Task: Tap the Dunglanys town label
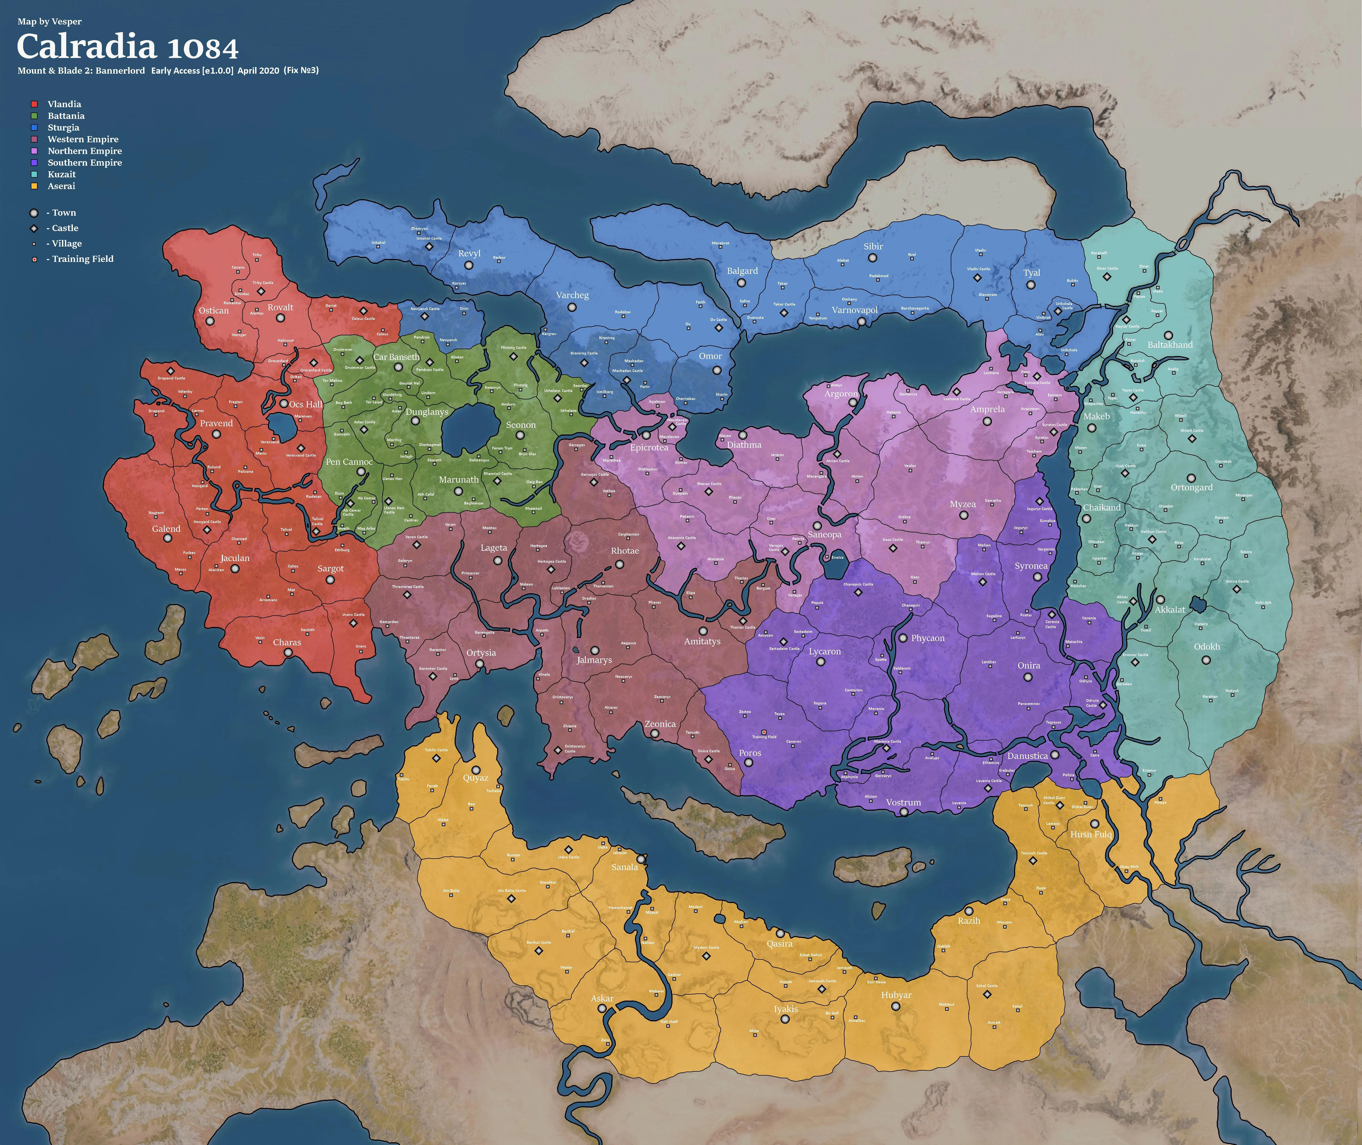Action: pyautogui.click(x=426, y=412)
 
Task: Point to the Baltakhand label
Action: pyautogui.click(x=1170, y=345)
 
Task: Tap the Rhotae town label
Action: pyautogui.click(x=625, y=550)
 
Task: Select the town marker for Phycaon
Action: pyautogui.click(x=902, y=638)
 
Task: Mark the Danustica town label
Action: pyautogui.click(x=1027, y=755)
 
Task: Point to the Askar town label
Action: pyautogui.click(x=602, y=998)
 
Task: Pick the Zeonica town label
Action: pyautogui.click(x=659, y=724)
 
